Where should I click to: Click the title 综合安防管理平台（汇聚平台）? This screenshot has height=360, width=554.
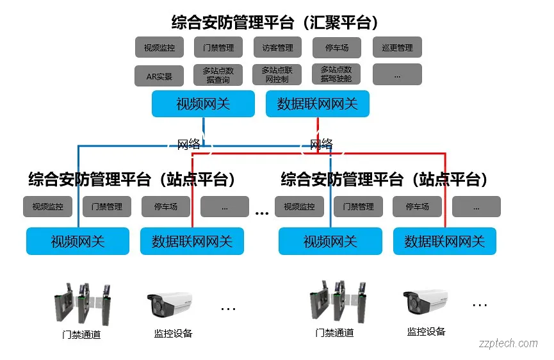275,22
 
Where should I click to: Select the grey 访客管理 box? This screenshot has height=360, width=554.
277,47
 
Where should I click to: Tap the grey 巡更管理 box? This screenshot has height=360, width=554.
397,47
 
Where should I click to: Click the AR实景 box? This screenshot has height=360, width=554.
159,76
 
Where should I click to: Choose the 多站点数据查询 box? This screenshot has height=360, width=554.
218,75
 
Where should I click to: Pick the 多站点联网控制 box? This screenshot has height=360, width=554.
277,74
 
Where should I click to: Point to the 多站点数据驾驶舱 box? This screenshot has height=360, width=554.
336,74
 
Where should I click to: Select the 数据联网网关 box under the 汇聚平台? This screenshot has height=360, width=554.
317,104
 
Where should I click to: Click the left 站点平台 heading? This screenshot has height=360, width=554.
132,179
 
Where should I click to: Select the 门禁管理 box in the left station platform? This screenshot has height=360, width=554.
106,206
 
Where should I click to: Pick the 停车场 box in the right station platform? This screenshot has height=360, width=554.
417,206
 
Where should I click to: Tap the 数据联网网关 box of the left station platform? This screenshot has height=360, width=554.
192,241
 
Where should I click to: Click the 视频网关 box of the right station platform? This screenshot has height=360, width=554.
330,241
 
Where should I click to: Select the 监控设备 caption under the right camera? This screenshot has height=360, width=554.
426,331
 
